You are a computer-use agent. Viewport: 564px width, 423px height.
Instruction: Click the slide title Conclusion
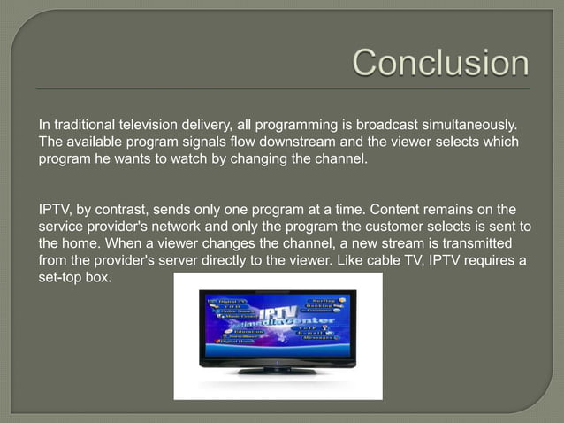[441, 64]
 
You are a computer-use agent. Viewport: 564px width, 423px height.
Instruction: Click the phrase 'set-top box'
[76, 278]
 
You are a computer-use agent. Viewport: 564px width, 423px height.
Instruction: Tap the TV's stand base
[278, 372]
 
